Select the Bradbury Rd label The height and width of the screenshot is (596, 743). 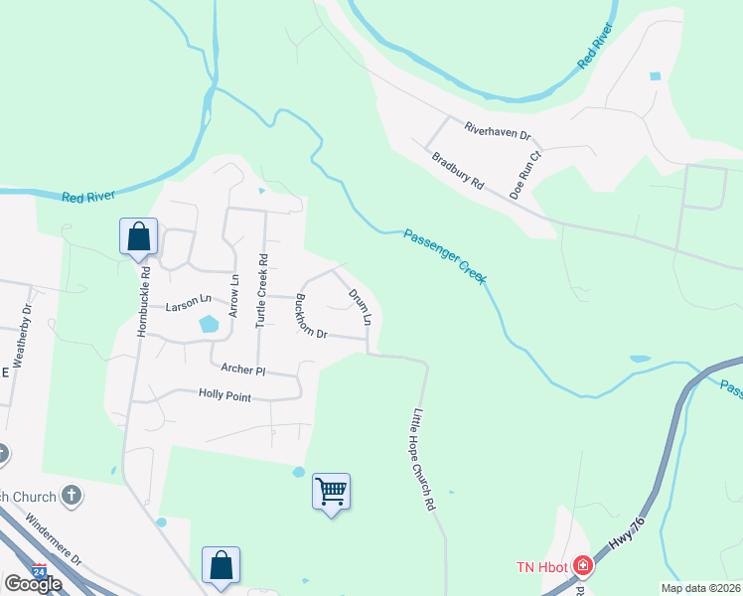(x=457, y=171)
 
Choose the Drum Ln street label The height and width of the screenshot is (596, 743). (x=359, y=307)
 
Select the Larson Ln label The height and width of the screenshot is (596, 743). (x=189, y=298)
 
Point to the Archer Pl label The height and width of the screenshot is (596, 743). (x=243, y=369)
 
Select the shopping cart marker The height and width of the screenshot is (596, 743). (x=331, y=491)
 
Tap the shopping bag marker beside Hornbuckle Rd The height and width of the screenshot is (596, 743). (x=138, y=236)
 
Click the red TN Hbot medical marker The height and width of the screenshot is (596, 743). (x=582, y=567)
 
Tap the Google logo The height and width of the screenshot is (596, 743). (x=33, y=584)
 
